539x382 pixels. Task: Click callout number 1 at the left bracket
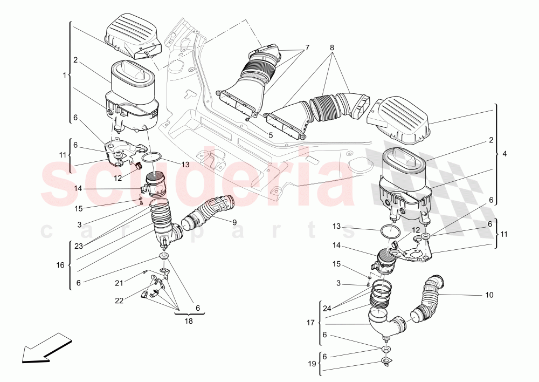click(x=65, y=76)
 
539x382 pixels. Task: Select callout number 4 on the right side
click(x=505, y=154)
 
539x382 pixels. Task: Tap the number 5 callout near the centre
click(x=271, y=135)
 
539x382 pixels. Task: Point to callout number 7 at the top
click(x=307, y=47)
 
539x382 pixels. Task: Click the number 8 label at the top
click(x=331, y=47)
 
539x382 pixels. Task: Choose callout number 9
click(x=234, y=222)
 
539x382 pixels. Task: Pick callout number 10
click(x=489, y=295)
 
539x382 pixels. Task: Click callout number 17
click(x=311, y=323)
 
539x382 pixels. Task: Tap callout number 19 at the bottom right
click(x=312, y=364)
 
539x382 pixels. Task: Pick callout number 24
click(x=327, y=309)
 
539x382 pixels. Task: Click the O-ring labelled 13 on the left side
click(x=153, y=157)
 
